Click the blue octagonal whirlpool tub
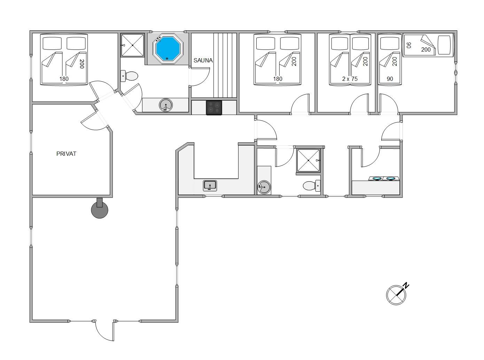(167, 49)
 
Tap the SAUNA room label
(203, 60)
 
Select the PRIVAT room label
(66, 154)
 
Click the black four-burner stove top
(214, 107)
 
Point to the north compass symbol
(397, 294)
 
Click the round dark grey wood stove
(100, 209)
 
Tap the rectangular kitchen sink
(210, 185)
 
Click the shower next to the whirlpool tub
(132, 45)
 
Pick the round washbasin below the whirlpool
(166, 105)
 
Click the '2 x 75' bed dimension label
(350, 79)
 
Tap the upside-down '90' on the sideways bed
(409, 45)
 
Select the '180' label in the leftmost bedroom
(64, 79)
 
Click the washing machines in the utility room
(384, 178)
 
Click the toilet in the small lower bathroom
(312, 186)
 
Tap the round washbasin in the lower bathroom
(264, 187)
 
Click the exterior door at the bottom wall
(105, 330)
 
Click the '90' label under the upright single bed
(390, 79)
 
